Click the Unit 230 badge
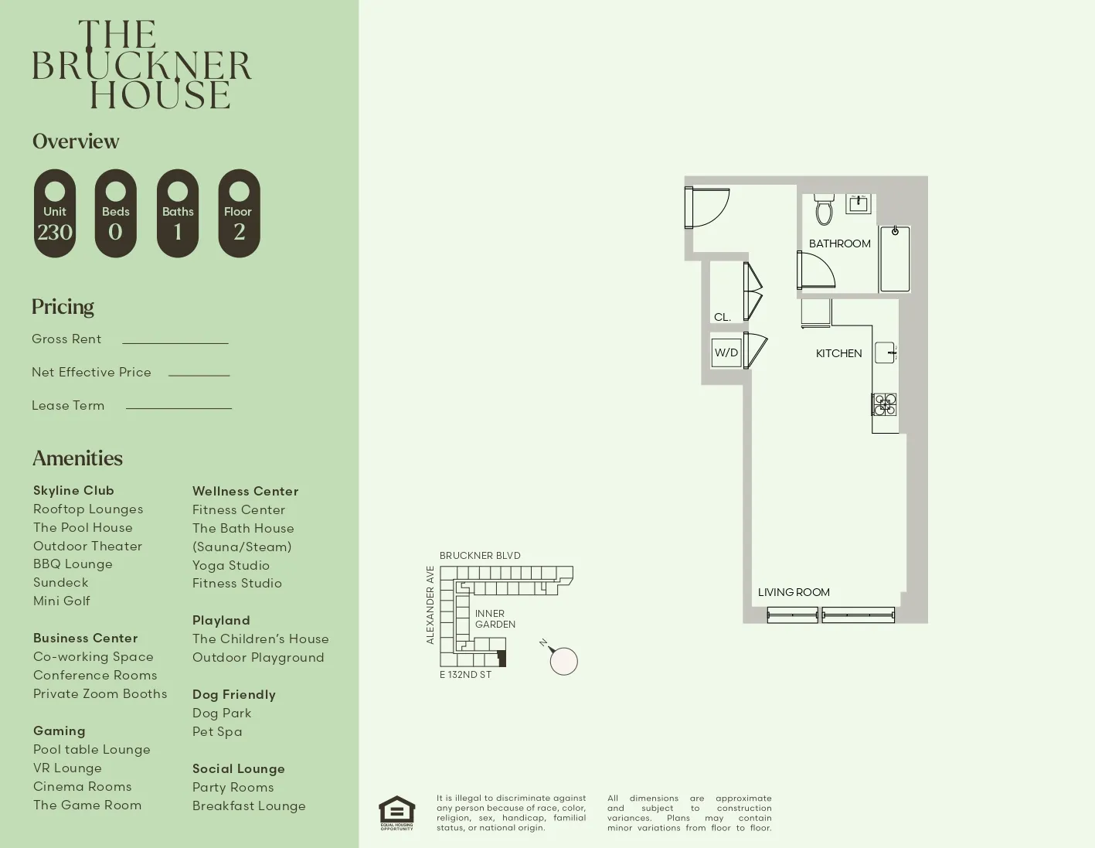pyautogui.click(x=55, y=213)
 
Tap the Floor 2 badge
pyautogui.click(x=239, y=213)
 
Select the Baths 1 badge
pyautogui.click(x=178, y=213)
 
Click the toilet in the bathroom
pyautogui.click(x=825, y=209)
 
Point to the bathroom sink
pyautogui.click(x=859, y=204)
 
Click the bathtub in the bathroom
pyautogui.click(x=895, y=259)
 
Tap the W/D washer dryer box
pyautogui.click(x=726, y=352)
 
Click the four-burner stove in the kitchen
pyautogui.click(x=885, y=404)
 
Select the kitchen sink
pyautogui.click(x=885, y=352)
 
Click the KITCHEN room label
pyautogui.click(x=838, y=353)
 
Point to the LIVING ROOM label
pyautogui.click(x=794, y=592)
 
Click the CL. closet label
pyautogui.click(x=723, y=317)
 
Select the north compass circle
pyautogui.click(x=564, y=661)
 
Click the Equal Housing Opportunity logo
pyautogui.click(x=396, y=812)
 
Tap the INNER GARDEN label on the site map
pyautogui.click(x=495, y=618)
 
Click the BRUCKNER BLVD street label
pyautogui.click(x=480, y=555)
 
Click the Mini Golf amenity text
pyautogui.click(x=62, y=601)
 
